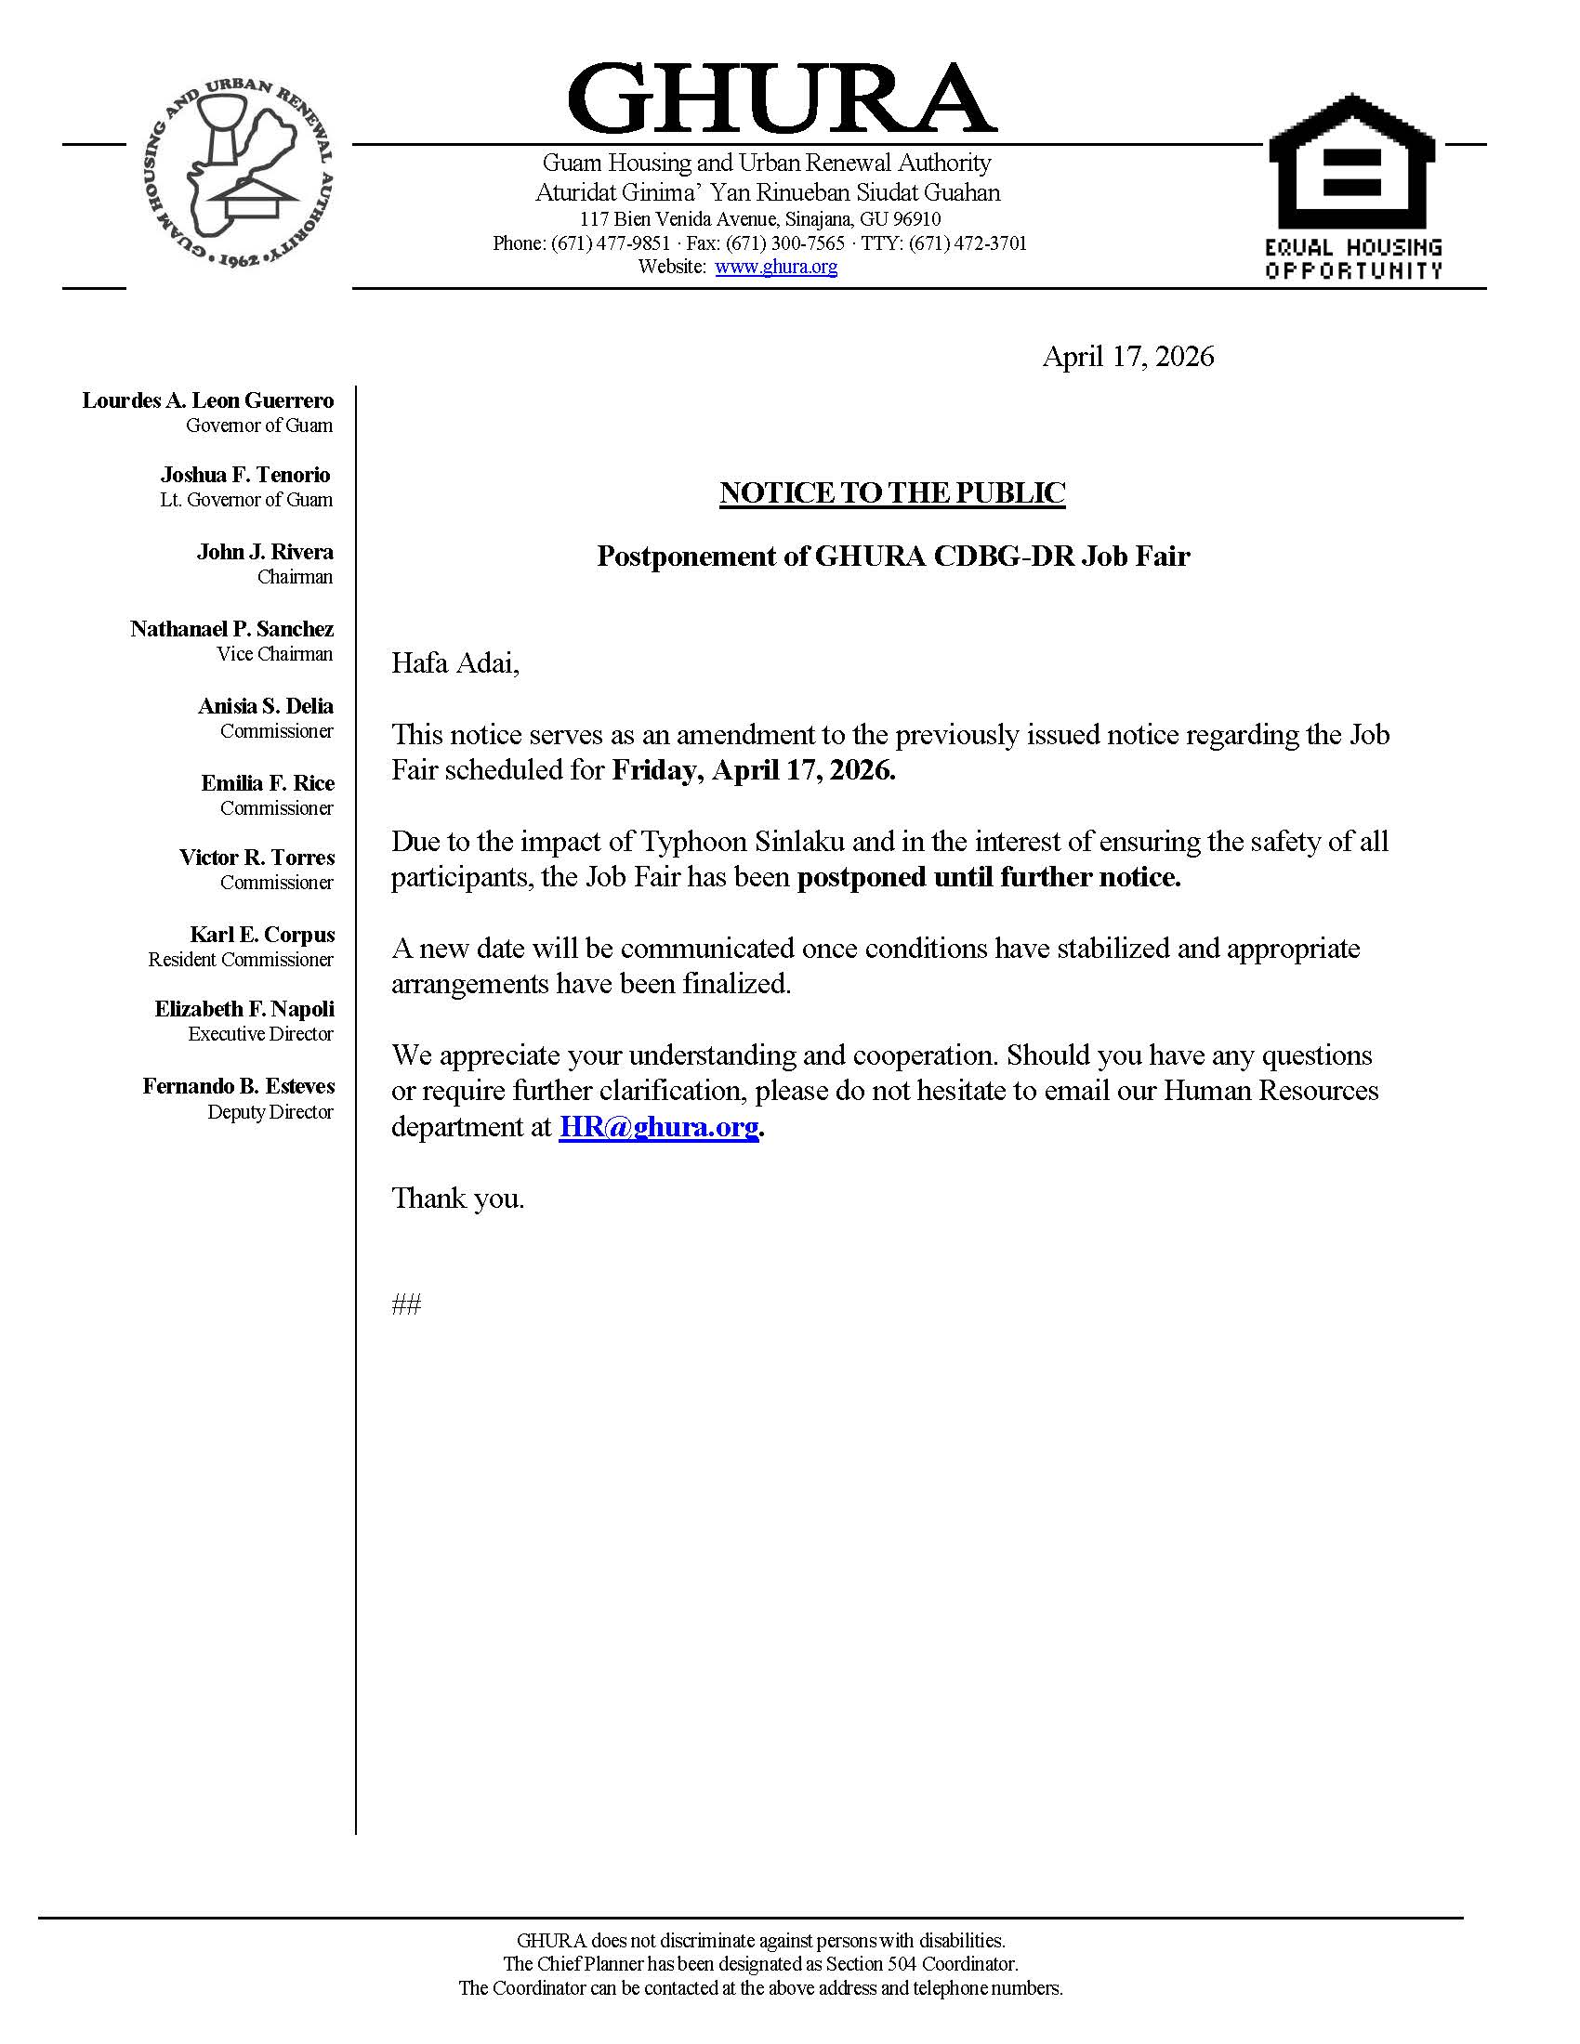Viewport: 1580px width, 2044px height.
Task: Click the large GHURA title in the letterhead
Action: click(x=781, y=99)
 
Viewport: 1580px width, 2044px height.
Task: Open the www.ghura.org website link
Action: click(x=776, y=267)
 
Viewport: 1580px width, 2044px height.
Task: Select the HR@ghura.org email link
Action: click(x=658, y=1126)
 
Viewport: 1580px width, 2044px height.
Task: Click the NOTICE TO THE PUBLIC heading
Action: click(x=892, y=493)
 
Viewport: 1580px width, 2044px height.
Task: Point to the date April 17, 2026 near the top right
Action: click(x=1128, y=357)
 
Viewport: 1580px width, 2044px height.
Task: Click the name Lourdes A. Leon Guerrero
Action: click(x=208, y=400)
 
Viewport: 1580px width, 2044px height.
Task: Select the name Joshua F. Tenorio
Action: click(x=245, y=475)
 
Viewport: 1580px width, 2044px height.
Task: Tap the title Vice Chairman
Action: click(x=274, y=654)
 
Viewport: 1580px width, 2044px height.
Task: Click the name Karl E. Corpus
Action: click(x=262, y=934)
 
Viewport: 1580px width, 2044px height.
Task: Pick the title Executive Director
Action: click(x=260, y=1034)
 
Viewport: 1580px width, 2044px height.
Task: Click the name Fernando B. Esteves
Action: click(x=239, y=1085)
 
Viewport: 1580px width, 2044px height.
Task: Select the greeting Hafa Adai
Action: click(x=454, y=663)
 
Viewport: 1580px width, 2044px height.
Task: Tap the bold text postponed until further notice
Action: click(x=989, y=877)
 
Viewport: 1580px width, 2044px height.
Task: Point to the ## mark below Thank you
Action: click(x=406, y=1304)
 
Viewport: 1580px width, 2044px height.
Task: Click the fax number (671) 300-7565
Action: click(x=785, y=243)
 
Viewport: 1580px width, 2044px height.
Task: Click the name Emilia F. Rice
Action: click(x=268, y=782)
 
